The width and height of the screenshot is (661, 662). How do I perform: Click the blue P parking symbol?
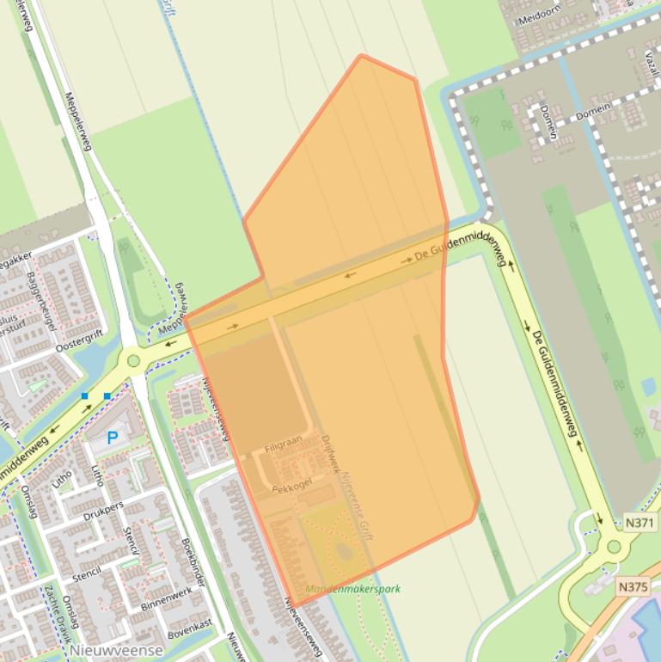tap(112, 438)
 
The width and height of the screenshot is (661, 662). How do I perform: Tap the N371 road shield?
tap(639, 522)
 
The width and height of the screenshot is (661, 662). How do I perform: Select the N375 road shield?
tap(633, 586)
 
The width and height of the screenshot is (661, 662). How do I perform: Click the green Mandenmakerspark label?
tap(352, 589)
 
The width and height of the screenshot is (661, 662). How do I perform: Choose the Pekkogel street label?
tap(290, 487)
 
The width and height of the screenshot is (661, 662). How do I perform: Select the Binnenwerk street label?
tap(168, 597)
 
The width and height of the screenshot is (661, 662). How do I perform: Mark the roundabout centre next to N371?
tap(614, 546)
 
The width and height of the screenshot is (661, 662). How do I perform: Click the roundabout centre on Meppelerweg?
tap(133, 361)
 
